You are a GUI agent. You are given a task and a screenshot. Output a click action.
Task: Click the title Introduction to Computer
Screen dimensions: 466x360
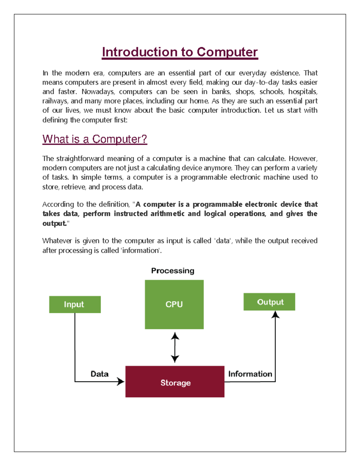coord(180,52)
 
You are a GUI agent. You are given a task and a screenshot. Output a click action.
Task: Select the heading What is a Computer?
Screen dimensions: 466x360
coord(95,139)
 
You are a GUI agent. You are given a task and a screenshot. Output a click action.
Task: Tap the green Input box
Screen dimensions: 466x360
coord(75,304)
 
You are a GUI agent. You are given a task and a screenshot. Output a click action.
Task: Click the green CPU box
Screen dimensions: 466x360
coord(174,304)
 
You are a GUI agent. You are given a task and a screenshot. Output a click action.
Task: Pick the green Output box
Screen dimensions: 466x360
coord(269,302)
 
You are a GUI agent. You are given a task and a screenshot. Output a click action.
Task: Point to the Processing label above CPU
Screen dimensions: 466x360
coord(172,271)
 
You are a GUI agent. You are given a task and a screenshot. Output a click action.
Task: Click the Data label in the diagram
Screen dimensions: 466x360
coord(99,374)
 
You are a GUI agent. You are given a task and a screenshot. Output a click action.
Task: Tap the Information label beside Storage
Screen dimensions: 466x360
coord(250,374)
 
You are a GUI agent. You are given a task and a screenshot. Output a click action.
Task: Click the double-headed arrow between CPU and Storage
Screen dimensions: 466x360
coord(175,347)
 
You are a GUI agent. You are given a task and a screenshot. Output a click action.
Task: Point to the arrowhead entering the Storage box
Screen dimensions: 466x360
coord(121,381)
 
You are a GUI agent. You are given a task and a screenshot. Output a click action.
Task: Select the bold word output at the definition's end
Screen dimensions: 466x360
coord(54,223)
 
